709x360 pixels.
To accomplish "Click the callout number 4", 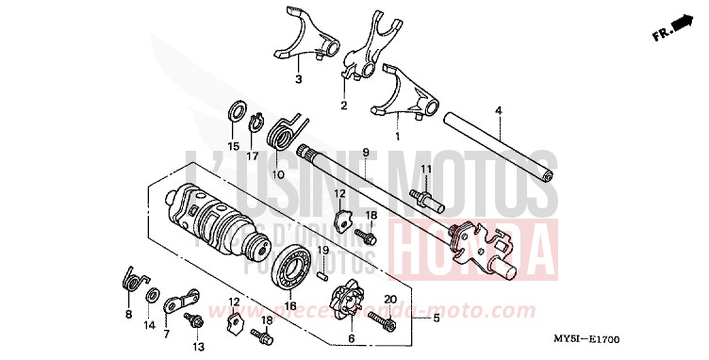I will [x=498, y=111].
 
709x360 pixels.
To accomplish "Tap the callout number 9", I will [x=363, y=152].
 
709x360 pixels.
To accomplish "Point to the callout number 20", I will [x=389, y=300].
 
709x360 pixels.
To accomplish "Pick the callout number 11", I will [x=425, y=169].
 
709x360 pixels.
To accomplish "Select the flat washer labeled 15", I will [x=236, y=112].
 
